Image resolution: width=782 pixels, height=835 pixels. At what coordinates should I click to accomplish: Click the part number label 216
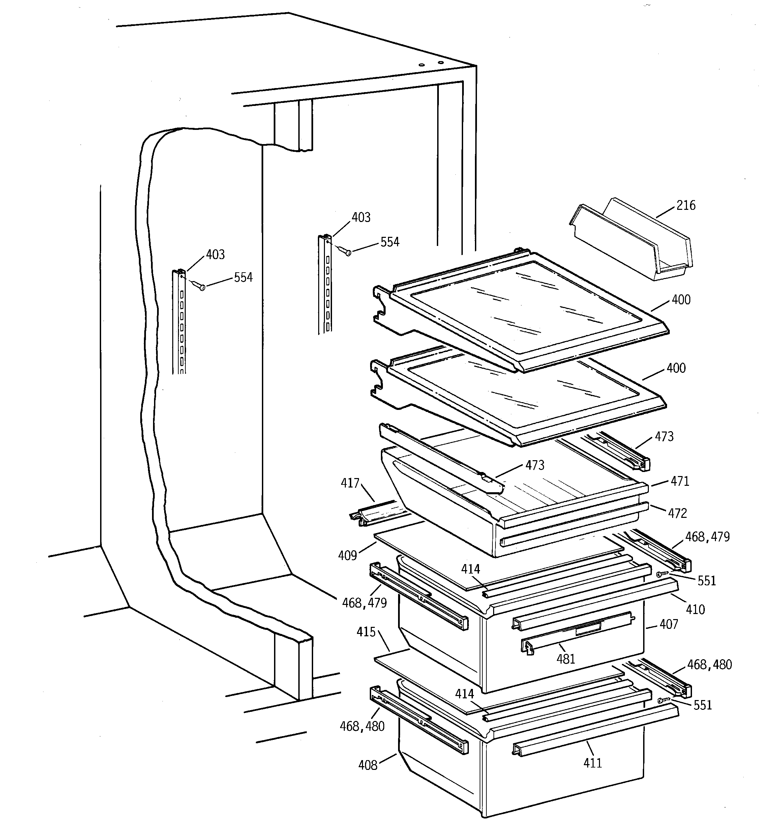[686, 205]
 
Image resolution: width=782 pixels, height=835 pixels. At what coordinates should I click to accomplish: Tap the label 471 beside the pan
[680, 481]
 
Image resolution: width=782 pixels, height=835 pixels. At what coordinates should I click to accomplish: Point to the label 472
[677, 513]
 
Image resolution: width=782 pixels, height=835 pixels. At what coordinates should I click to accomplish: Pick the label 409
[347, 556]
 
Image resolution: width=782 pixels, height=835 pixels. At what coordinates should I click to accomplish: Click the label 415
[366, 632]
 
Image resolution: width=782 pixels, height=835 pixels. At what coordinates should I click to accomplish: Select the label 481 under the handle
[565, 659]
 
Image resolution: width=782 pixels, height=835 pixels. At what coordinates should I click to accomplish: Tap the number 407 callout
[669, 624]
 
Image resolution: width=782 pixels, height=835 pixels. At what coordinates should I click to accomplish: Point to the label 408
[368, 765]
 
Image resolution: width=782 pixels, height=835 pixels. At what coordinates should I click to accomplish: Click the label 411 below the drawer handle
[592, 763]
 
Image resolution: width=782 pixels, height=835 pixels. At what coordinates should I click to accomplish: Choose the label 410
[695, 609]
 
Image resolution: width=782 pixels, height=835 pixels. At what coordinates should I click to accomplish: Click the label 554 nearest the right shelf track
[390, 242]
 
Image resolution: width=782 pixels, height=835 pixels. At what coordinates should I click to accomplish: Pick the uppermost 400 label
[681, 300]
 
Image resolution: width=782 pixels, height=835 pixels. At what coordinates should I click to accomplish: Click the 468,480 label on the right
[710, 665]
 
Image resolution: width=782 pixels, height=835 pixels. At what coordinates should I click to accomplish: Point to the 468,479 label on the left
[364, 603]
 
